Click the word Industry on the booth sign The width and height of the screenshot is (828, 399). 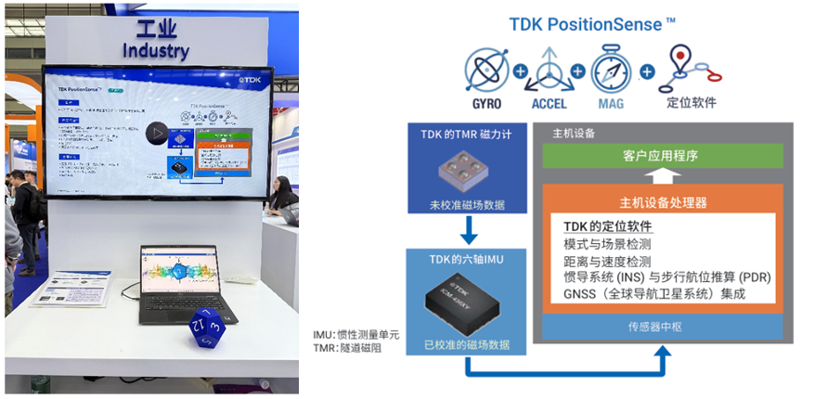click(x=155, y=50)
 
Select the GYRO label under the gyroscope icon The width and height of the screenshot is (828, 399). click(x=486, y=103)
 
